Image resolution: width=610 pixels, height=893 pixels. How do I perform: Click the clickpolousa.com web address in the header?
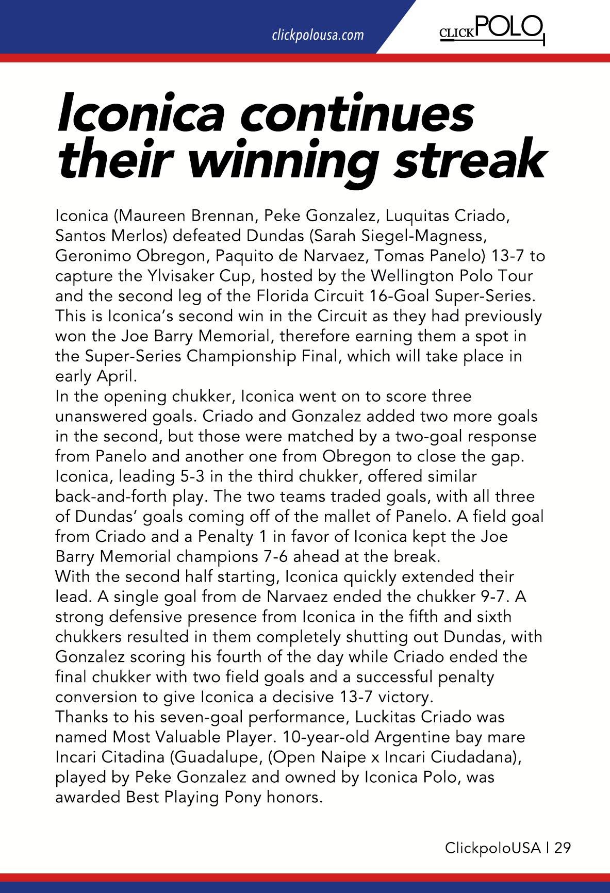(318, 36)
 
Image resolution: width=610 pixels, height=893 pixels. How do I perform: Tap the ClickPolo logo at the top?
(491, 29)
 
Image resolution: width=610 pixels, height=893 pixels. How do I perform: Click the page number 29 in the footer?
(563, 848)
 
